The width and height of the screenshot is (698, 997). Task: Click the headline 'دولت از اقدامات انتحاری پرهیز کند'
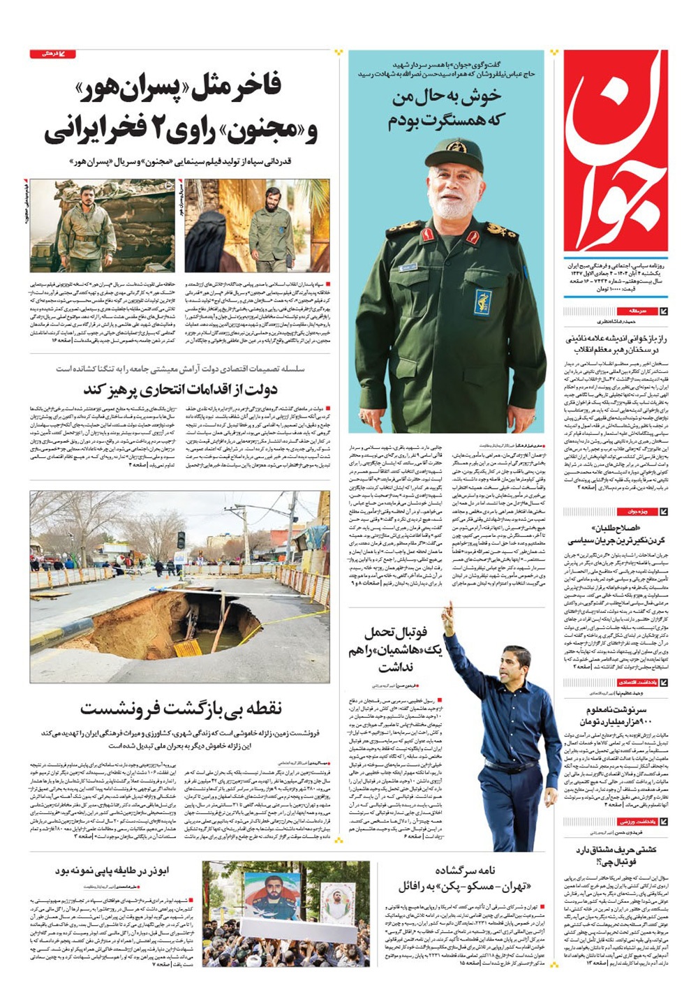point(181,390)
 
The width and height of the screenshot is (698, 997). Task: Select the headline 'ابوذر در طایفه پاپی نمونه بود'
point(112,871)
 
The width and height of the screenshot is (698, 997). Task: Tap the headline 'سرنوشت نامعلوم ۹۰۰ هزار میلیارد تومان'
point(616,715)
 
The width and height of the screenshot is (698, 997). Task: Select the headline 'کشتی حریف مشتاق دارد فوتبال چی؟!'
point(615,856)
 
